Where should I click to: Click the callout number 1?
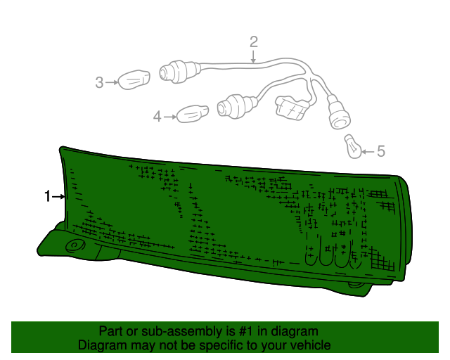click(47, 196)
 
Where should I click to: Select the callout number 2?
click(253, 42)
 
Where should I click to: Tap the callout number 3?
click(99, 82)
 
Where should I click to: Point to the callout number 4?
click(157, 117)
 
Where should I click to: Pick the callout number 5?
click(380, 151)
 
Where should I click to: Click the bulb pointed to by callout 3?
click(134, 79)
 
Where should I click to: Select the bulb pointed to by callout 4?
click(192, 114)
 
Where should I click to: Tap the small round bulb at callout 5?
click(354, 147)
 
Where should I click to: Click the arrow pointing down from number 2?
click(253, 56)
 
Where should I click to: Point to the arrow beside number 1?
click(58, 197)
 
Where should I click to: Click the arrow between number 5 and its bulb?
click(368, 152)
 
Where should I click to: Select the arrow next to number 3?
click(112, 82)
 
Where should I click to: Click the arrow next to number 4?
click(169, 117)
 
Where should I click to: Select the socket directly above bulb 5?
click(339, 112)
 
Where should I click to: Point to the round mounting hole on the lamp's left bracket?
click(75, 246)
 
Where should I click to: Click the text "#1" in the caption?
click(246, 331)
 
